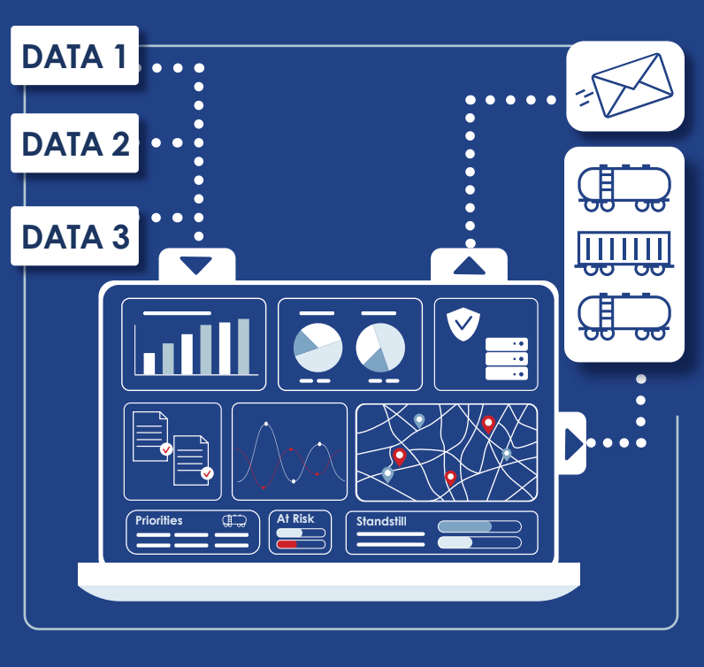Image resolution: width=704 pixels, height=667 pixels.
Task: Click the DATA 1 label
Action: tap(74, 57)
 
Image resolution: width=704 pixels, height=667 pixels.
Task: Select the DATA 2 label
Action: tap(74, 142)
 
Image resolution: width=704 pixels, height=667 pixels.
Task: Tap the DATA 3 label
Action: tap(74, 236)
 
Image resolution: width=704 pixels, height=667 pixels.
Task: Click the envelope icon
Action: tap(625, 86)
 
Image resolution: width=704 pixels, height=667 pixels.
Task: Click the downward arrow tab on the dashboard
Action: tap(196, 264)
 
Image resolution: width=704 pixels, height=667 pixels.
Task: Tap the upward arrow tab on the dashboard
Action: tap(469, 264)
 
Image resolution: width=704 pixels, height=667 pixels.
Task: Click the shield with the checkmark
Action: tap(463, 324)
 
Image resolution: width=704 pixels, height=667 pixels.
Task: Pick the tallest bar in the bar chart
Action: tap(243, 347)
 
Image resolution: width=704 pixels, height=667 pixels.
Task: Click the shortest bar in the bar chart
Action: tap(149, 364)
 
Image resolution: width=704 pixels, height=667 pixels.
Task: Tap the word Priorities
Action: tap(159, 520)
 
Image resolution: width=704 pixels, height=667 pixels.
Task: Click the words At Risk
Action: tap(295, 518)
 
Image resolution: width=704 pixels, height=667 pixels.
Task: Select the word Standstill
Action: tap(381, 521)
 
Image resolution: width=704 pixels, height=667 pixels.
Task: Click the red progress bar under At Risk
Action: tap(287, 544)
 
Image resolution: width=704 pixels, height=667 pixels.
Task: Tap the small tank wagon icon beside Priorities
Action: tap(234, 521)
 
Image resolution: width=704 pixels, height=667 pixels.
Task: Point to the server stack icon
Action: tap(506, 359)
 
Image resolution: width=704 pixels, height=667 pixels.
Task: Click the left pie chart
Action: tap(318, 348)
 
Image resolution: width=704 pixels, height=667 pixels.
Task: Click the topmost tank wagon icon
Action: tap(624, 186)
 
